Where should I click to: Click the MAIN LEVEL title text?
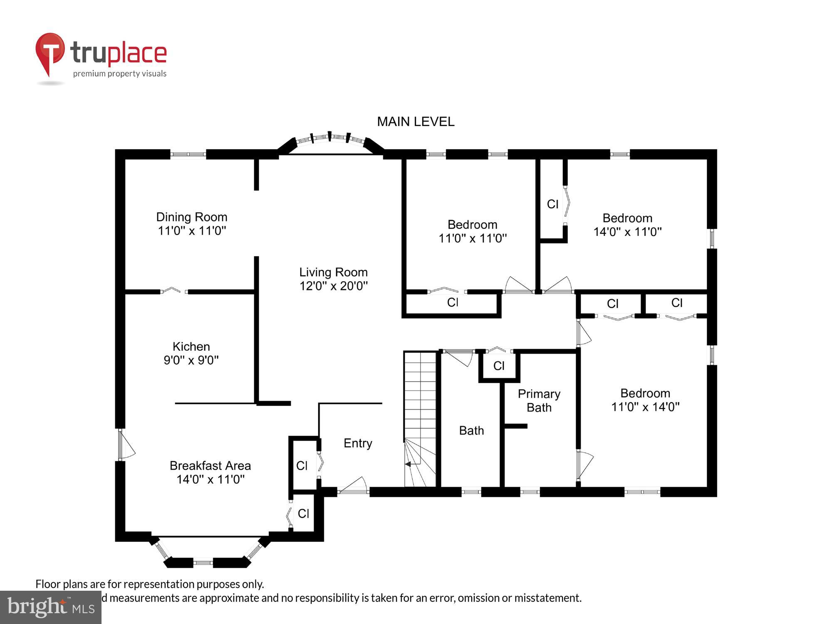(415, 121)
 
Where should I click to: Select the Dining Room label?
(191, 217)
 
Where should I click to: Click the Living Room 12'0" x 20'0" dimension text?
(333, 286)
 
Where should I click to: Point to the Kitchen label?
(191, 346)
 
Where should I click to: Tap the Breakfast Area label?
(210, 466)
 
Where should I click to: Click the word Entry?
(358, 443)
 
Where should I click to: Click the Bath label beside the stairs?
(471, 430)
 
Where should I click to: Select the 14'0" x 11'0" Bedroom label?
(627, 218)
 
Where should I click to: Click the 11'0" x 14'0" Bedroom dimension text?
(645, 407)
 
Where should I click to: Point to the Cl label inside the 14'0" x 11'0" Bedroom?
(552, 204)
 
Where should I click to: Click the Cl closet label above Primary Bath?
(499, 366)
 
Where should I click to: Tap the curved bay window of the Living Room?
(331, 139)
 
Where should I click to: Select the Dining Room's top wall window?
(188, 154)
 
